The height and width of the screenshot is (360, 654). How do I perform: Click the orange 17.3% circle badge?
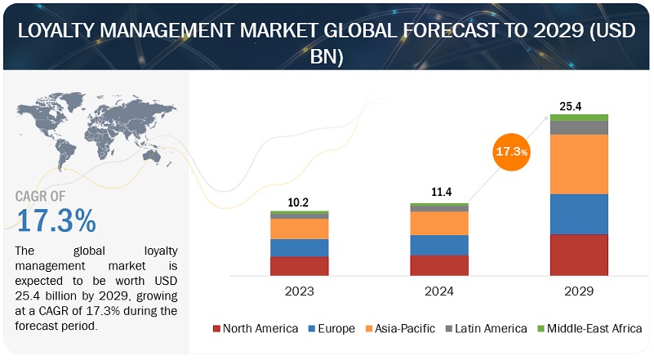click(510, 152)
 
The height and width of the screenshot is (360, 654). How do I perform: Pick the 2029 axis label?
click(579, 290)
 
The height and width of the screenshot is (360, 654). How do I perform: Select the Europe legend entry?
click(331, 329)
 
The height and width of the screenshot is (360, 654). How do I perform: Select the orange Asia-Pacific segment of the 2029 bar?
click(579, 164)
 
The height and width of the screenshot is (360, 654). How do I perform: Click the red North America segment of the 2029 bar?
click(579, 255)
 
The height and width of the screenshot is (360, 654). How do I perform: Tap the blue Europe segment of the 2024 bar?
click(439, 245)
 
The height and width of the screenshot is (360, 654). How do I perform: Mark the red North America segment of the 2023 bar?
click(300, 266)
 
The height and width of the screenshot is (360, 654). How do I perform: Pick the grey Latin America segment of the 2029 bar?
click(579, 127)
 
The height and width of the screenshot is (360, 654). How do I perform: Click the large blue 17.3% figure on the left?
click(56, 220)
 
